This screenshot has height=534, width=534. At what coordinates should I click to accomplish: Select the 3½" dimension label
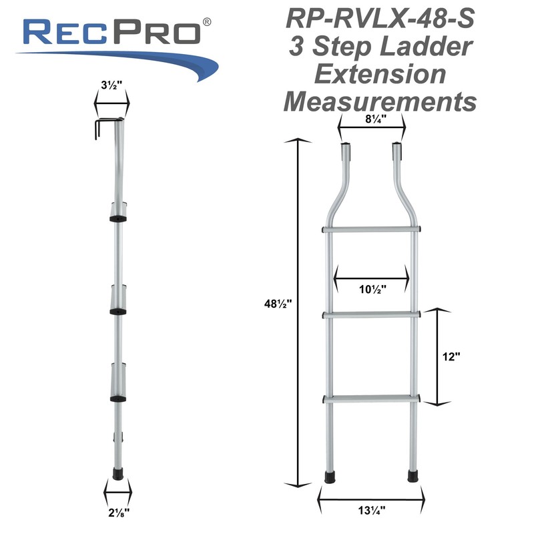111,87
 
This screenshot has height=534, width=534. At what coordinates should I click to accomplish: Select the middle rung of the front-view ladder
371,314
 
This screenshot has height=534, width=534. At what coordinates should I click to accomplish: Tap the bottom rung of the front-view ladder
371,399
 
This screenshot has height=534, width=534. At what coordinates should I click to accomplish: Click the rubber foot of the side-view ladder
117,471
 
